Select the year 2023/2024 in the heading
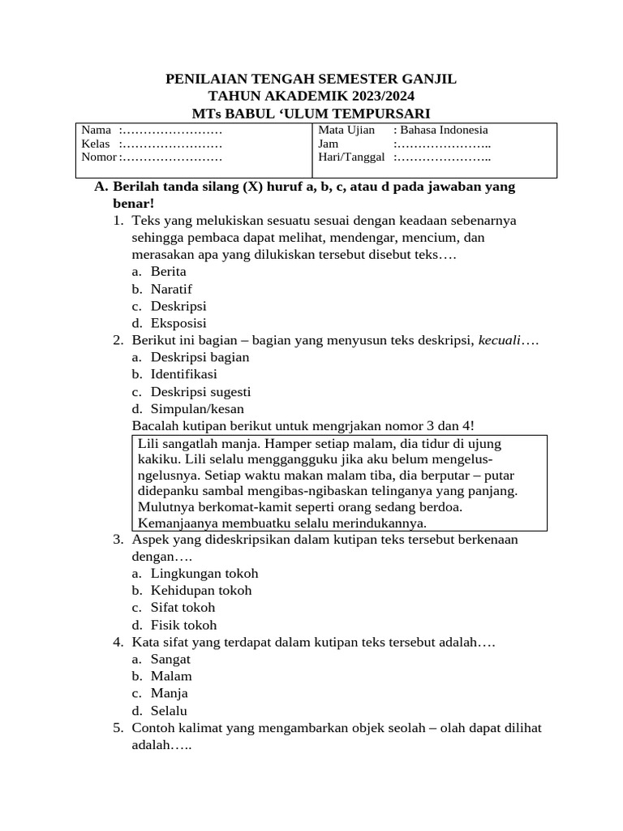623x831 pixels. pyautogui.click(x=379, y=96)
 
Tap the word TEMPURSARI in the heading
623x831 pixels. pyautogui.click(x=382, y=113)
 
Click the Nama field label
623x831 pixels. pyautogui.click(x=96, y=130)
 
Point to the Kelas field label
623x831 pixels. pyautogui.click(x=96, y=144)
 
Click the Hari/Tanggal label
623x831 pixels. pyautogui.click(x=351, y=157)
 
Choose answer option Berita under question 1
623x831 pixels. pyautogui.click(x=168, y=272)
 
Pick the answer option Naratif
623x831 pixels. pyautogui.click(x=171, y=289)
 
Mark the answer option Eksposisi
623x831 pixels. pyautogui.click(x=178, y=323)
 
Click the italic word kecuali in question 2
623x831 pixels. pyautogui.click(x=499, y=340)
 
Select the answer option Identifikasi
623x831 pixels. pyautogui.click(x=183, y=374)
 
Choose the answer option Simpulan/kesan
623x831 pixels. pyautogui.click(x=197, y=409)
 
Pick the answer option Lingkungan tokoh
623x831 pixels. pyautogui.click(x=204, y=574)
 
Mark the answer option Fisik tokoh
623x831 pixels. pyautogui.click(x=183, y=626)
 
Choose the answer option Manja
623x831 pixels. pyautogui.click(x=169, y=694)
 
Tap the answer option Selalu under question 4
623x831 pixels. pyautogui.click(x=169, y=711)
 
